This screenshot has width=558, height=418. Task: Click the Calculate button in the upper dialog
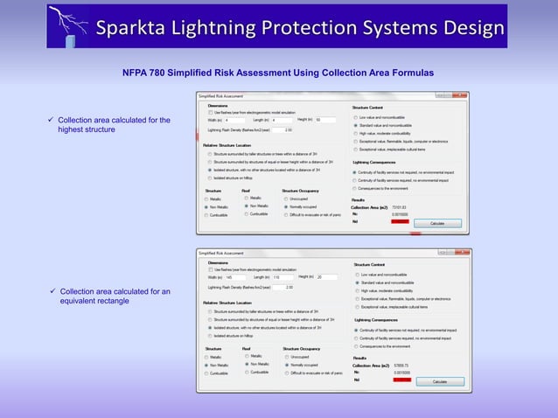437,224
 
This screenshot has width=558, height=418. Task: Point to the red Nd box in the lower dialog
401,380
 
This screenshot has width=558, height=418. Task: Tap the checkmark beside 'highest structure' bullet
52,120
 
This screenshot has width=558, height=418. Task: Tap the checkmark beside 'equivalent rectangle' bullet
52,291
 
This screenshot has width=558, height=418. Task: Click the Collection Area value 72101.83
402,207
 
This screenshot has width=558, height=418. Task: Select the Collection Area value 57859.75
402,365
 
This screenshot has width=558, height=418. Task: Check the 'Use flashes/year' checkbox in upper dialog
211,112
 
